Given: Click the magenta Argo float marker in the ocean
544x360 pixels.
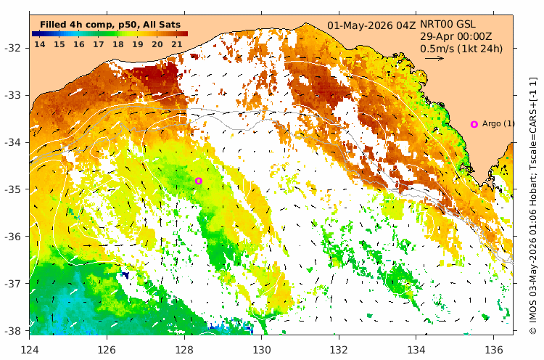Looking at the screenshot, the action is [199, 181].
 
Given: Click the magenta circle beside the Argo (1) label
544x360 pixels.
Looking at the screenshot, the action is [474, 124].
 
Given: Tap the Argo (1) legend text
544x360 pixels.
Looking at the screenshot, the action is [498, 123].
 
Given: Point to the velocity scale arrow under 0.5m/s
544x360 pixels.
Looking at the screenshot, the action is [434, 58].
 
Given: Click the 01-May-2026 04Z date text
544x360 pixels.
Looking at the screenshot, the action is [371, 25].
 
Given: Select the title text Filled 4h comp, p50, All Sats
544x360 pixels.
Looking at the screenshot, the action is [110, 25].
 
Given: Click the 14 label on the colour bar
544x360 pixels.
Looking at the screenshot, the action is [40, 44].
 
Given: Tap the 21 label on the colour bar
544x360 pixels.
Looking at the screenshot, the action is [177, 44].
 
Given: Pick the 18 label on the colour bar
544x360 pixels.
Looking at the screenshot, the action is [118, 44].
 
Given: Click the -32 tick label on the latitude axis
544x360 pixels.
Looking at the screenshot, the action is [12, 48].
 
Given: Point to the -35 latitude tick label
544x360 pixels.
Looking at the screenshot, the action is [12, 189].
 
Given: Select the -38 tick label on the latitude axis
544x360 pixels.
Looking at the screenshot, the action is [12, 330].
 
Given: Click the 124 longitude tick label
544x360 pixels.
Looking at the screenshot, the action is [30, 350].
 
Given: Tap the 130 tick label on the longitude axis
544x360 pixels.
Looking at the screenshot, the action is [262, 350].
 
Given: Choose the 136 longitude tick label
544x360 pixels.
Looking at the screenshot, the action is [494, 350].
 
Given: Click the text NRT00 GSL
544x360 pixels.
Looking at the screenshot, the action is [448, 24].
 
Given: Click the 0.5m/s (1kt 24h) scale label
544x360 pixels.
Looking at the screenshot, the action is [461, 49].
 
